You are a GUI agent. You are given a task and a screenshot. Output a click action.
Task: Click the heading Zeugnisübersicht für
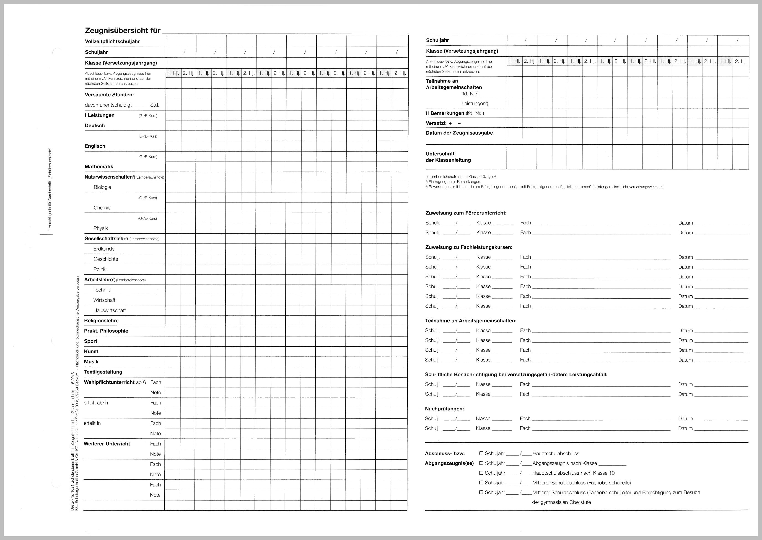pos(122,31)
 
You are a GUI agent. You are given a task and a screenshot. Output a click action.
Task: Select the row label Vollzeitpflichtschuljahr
pos(112,41)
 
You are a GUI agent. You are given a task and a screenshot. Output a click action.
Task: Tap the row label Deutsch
pos(95,126)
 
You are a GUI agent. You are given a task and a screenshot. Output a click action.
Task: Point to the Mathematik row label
pos(99,166)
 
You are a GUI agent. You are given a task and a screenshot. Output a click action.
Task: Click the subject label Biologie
pos(102,187)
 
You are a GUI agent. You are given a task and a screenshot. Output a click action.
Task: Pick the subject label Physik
pos(101,228)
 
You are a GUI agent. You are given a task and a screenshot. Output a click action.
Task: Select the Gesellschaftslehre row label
pos(106,239)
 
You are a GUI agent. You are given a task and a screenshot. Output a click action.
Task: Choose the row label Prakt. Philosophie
pos(106,331)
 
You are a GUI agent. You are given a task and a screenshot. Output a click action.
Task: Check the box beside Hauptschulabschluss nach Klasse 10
pos(481,473)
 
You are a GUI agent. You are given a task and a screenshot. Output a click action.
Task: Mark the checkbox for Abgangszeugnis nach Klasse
pos(481,463)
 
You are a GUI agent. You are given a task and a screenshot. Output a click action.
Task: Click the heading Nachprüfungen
pos(444,409)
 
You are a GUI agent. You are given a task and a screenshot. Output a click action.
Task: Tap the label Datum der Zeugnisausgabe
pos(459,133)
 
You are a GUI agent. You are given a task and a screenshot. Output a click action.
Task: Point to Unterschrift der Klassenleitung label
pos(448,157)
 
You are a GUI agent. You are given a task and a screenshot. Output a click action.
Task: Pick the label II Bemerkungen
pos(454,113)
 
